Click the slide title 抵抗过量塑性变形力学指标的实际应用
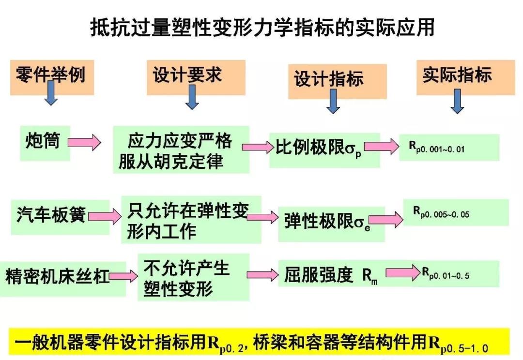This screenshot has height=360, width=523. [x=261, y=28]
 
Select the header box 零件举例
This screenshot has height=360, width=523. [x=50, y=75]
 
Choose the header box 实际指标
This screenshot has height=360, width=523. [x=457, y=75]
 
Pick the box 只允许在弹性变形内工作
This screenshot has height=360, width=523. [x=191, y=220]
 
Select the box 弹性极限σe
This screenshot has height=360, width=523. [x=330, y=222]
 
